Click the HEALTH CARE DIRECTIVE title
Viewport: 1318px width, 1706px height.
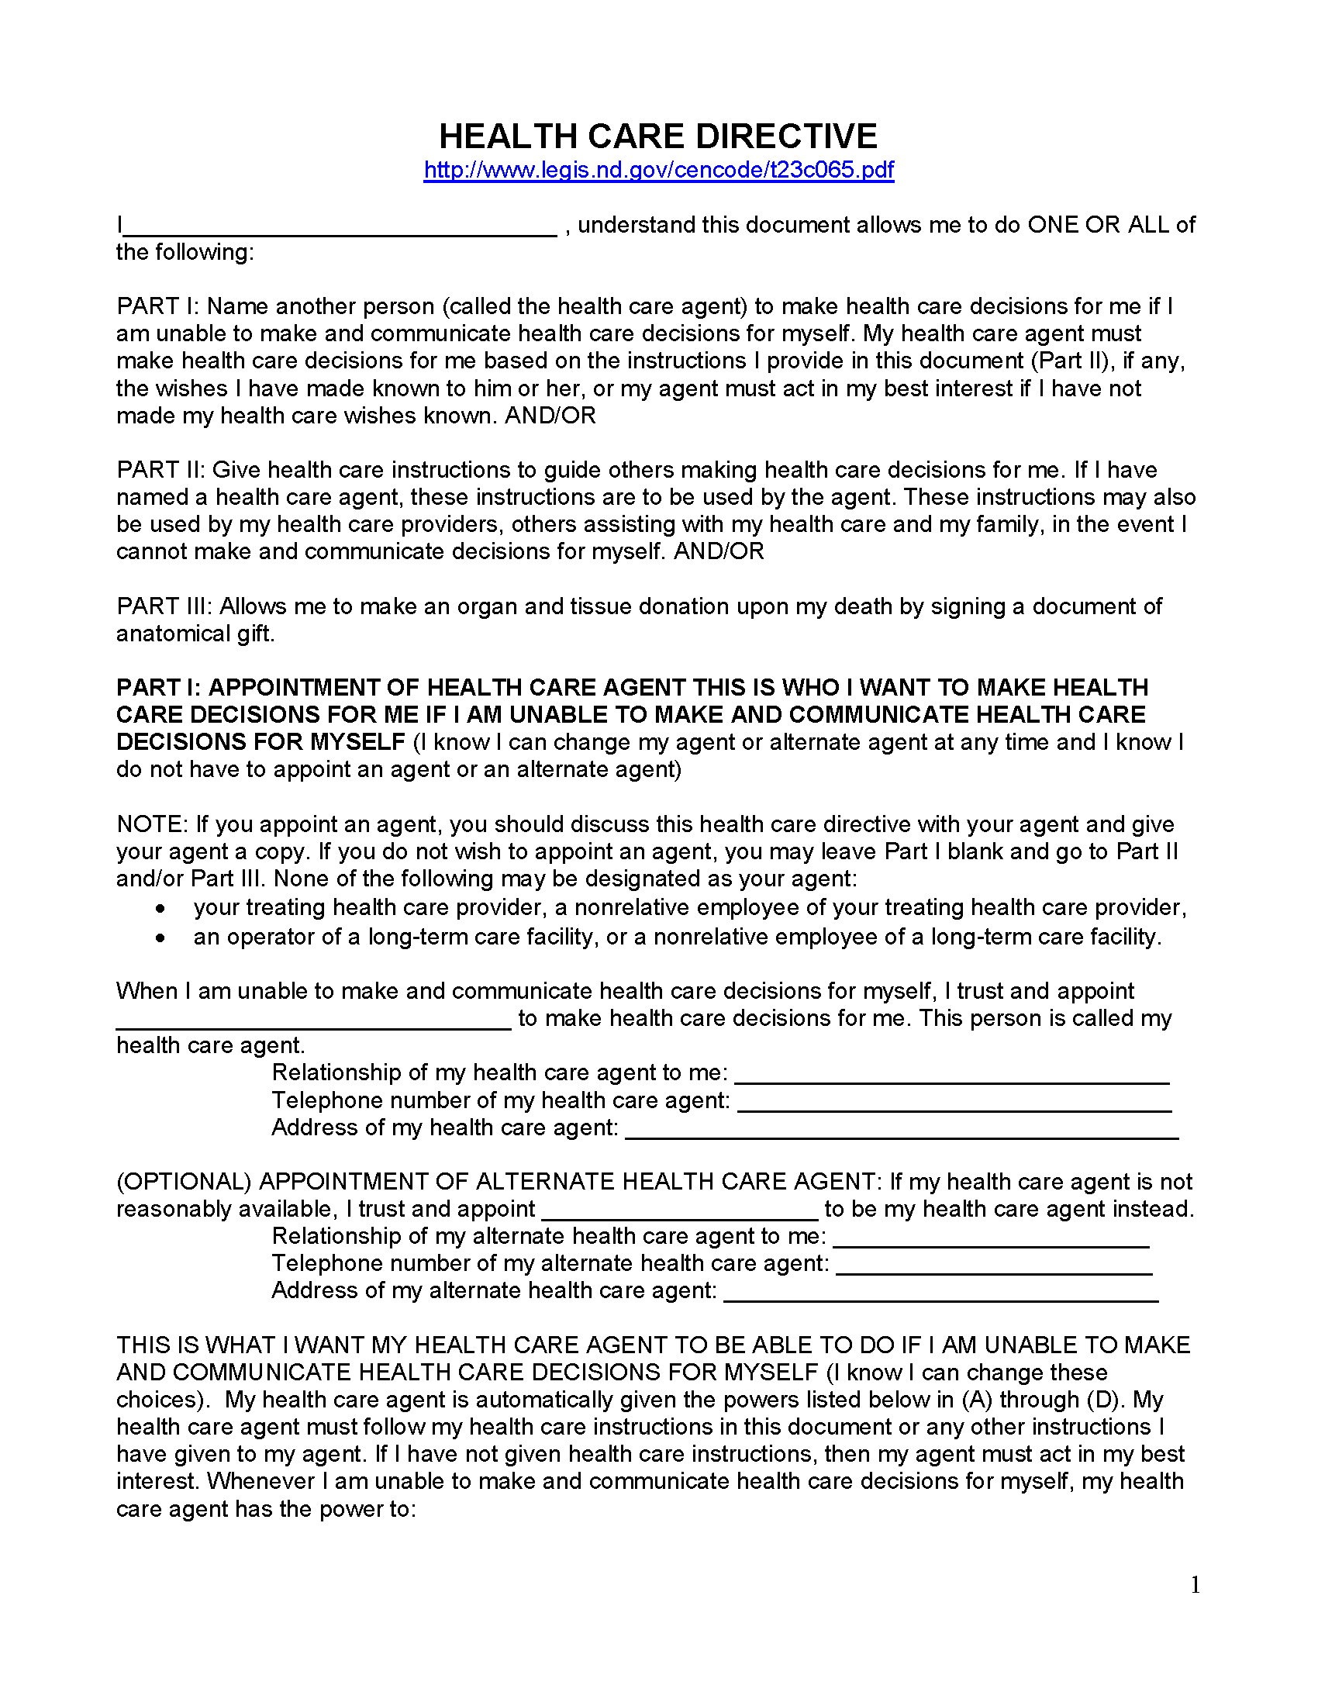[x=657, y=136]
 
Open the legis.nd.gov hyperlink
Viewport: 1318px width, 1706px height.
[x=658, y=171]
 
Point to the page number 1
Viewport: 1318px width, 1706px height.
[x=1195, y=1584]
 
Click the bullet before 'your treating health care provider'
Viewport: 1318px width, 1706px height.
[x=160, y=909]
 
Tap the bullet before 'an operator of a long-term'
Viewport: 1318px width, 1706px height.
[x=160, y=938]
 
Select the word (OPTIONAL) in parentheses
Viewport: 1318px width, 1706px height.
[x=184, y=1182]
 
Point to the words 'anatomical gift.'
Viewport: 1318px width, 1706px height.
[x=195, y=634]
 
